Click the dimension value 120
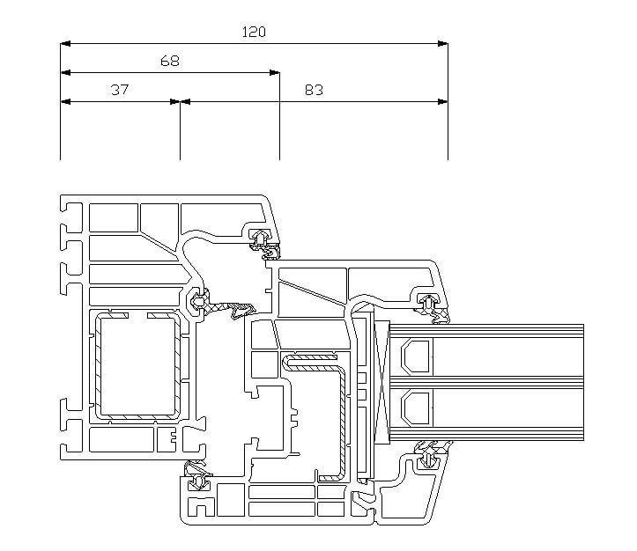254,32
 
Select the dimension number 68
170,61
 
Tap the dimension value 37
120,90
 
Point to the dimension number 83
314,90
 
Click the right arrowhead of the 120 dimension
443,43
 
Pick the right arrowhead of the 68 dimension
275,73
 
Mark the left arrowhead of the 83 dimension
185,101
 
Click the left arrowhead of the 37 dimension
65,101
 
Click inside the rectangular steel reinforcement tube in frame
137,366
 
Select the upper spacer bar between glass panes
415,356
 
